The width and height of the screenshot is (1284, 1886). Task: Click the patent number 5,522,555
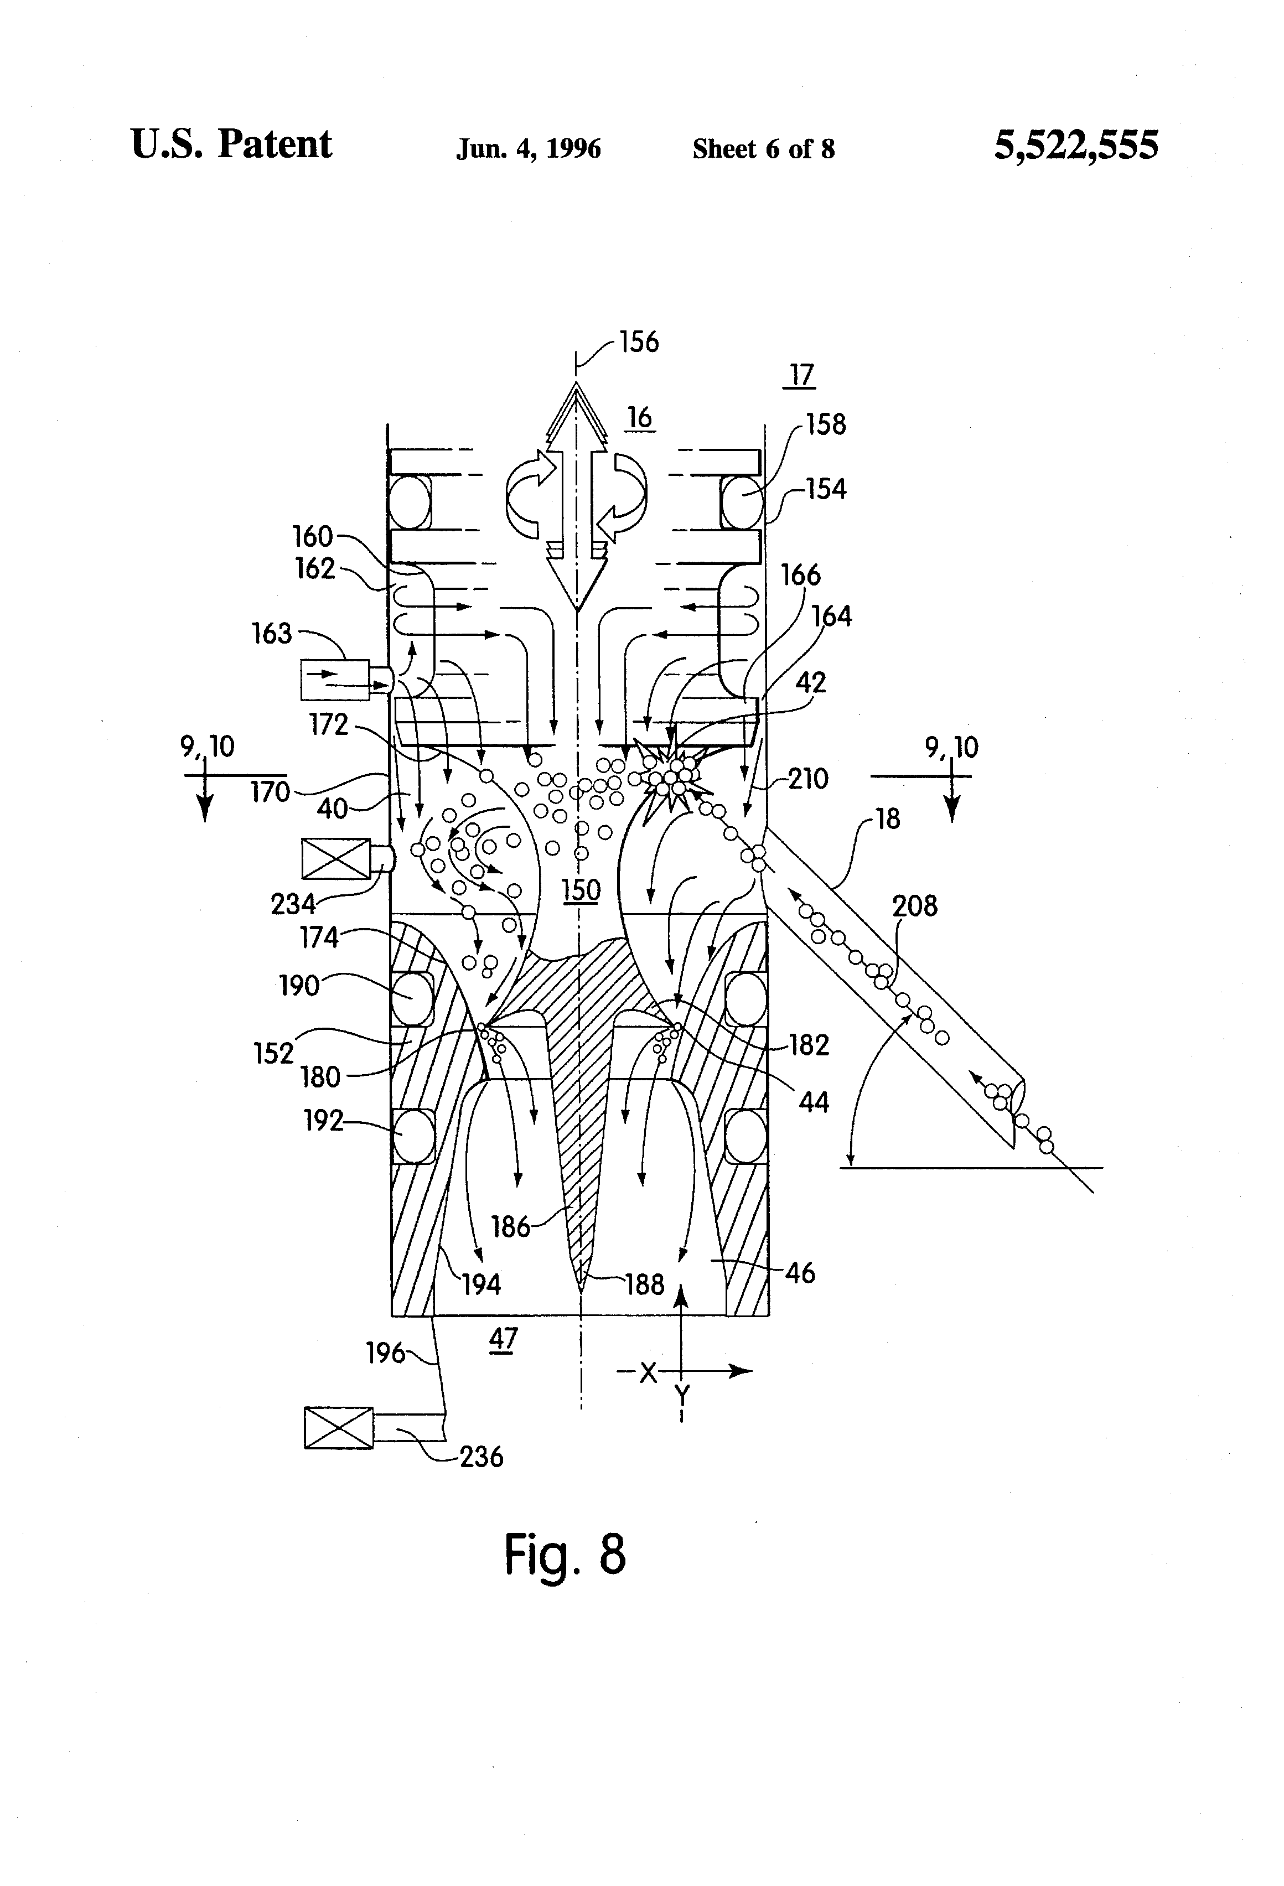[x=1076, y=146]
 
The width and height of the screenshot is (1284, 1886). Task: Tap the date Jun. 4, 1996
[x=529, y=148]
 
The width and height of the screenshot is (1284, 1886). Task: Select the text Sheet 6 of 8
[x=763, y=148]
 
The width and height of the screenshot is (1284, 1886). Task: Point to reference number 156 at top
[x=639, y=341]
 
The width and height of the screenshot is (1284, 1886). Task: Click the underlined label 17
[x=801, y=375]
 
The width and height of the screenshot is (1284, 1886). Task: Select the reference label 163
[x=271, y=633]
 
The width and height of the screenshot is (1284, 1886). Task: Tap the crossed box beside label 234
[x=335, y=858]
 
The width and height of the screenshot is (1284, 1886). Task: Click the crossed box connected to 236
[x=339, y=1427]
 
